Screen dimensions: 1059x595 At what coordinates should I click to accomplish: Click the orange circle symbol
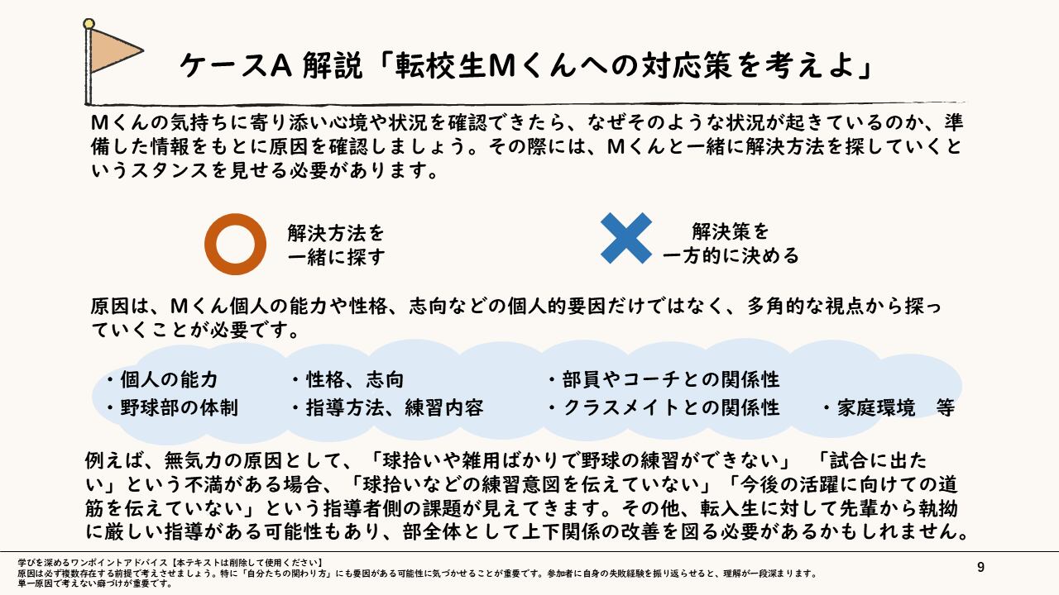236,244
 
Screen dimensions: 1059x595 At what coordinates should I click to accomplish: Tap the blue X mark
625,238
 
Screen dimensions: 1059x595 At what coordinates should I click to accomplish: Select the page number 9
980,567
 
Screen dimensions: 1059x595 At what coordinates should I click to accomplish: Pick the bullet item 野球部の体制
179,408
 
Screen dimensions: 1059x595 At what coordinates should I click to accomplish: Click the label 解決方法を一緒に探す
336,244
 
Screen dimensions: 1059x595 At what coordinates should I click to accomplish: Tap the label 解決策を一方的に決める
731,244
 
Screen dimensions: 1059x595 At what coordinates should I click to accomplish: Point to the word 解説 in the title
333,65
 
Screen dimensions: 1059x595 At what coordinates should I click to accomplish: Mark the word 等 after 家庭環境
946,408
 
